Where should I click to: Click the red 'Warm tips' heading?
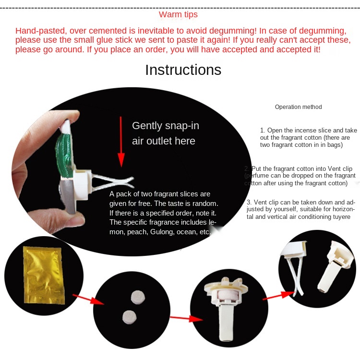[178, 14]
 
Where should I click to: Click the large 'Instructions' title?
[183, 70]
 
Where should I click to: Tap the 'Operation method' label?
[298, 107]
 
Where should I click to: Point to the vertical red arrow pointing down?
[121, 142]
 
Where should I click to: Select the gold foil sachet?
[44, 275]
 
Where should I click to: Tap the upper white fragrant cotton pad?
[138, 297]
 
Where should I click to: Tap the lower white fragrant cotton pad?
[130, 317]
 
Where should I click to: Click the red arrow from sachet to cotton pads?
[88, 299]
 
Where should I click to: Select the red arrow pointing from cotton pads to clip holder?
[186, 318]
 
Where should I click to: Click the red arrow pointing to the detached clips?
[278, 295]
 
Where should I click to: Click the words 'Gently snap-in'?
[166, 126]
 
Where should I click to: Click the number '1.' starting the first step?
[263, 131]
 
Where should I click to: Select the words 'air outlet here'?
[164, 141]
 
